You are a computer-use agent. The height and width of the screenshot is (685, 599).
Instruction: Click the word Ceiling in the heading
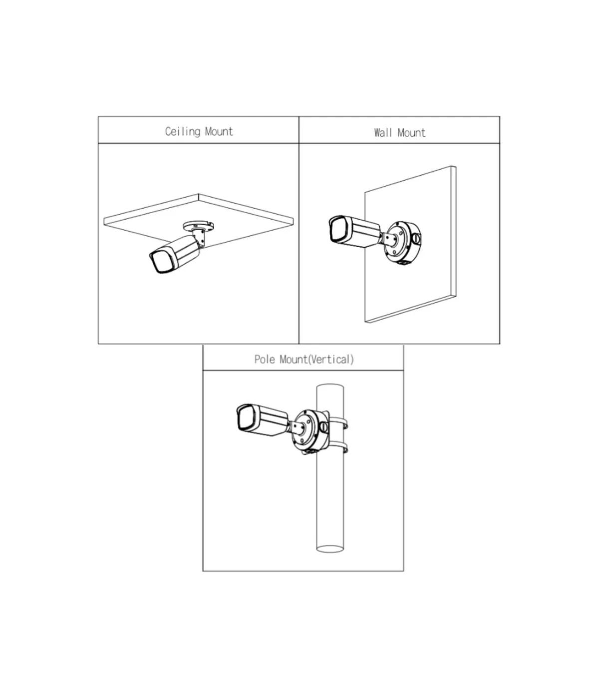183,132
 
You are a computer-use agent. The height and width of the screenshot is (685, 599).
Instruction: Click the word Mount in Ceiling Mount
219,132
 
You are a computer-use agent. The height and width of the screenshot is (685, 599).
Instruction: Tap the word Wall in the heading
383,133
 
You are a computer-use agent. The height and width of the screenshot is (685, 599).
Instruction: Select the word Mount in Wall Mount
412,133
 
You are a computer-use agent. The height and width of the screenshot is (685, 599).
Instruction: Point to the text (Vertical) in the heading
330,359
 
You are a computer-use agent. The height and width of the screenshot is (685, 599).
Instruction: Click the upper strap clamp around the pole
338,423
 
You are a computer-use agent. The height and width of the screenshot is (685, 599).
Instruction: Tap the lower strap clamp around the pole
338,447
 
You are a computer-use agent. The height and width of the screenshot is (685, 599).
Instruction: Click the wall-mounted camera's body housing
361,232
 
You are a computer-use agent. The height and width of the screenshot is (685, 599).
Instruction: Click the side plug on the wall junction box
417,239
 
